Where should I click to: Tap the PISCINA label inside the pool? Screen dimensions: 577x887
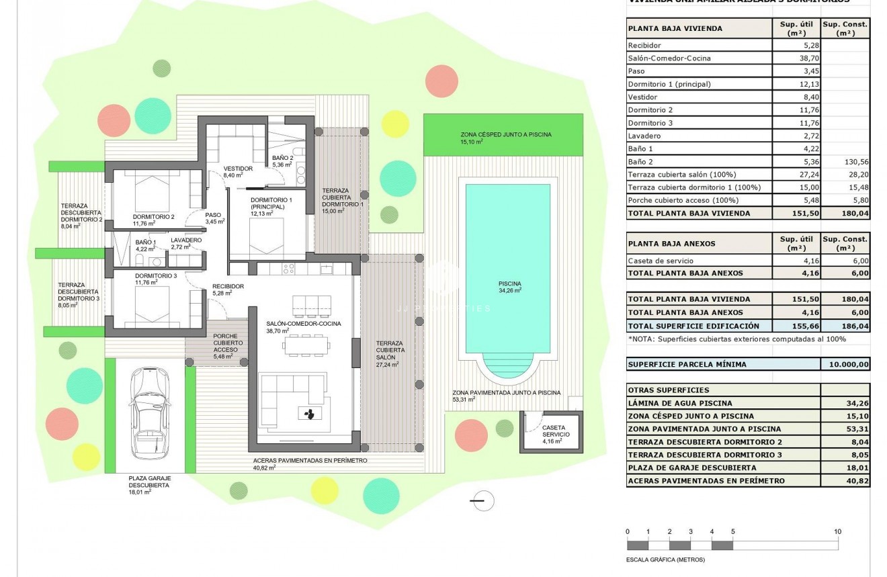pos(509,283)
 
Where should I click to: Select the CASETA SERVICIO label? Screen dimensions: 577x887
pos(554,431)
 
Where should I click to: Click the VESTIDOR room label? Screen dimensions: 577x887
pos(238,169)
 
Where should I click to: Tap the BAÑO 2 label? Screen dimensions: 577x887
pos(282,158)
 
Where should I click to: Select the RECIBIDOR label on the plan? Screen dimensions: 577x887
pos(227,286)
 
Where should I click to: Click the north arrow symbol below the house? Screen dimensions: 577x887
pos(482,500)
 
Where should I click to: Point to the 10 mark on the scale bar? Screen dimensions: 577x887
pos(837,532)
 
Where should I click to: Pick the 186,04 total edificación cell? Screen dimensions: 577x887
pos(845,326)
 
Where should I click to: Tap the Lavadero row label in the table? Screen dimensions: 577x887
pos(643,136)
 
